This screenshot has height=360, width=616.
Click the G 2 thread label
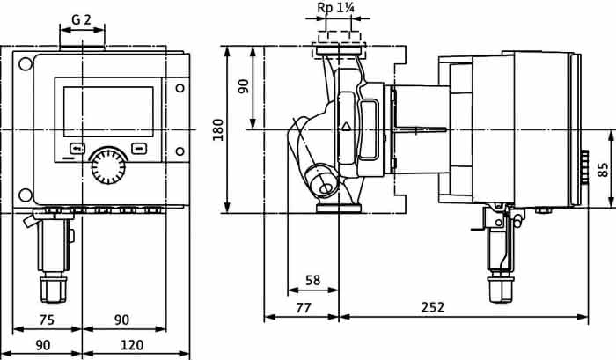pos(81,19)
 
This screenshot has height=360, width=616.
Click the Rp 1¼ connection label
pos(335,8)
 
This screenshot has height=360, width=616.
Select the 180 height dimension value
pos(217,129)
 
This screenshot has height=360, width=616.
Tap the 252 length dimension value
pos(433,307)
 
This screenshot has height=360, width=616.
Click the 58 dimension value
pos(312,280)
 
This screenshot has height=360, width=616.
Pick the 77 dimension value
pos(304,307)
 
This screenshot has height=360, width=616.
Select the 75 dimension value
pos(47,320)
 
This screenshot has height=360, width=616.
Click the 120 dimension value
pos(132,345)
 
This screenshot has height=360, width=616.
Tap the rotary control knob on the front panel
pos(108,166)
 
